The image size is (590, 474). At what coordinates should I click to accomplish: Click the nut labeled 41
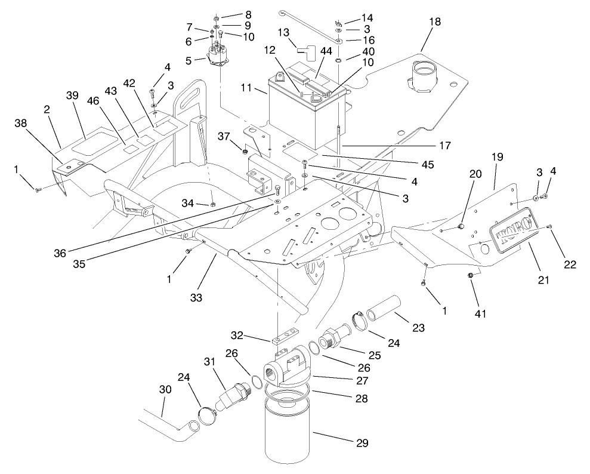(x=471, y=275)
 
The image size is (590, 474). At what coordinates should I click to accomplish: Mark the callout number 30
(x=165, y=389)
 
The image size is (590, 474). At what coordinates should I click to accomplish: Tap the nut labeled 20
(x=461, y=227)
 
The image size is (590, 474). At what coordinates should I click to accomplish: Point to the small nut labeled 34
(x=213, y=204)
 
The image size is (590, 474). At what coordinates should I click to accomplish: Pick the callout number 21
(x=543, y=279)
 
